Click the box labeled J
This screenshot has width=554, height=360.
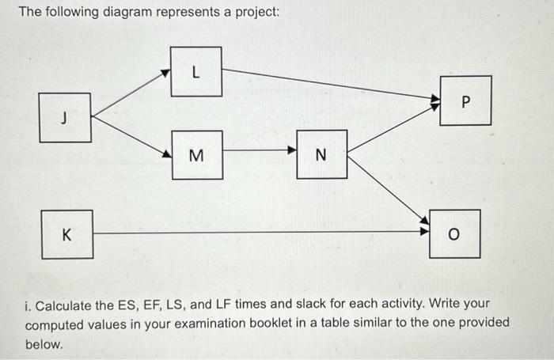coord(65,118)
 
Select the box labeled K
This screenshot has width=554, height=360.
coord(66,234)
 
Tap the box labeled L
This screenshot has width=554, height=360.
coord(195,72)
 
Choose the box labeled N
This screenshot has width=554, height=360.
coord(321,154)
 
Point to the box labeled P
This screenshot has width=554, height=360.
coord(465,100)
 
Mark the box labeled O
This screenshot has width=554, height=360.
coord(454,234)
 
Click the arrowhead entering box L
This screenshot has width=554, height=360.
coord(165,74)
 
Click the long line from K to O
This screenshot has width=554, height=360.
coord(261,233)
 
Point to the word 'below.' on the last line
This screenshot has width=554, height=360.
coord(44,345)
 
